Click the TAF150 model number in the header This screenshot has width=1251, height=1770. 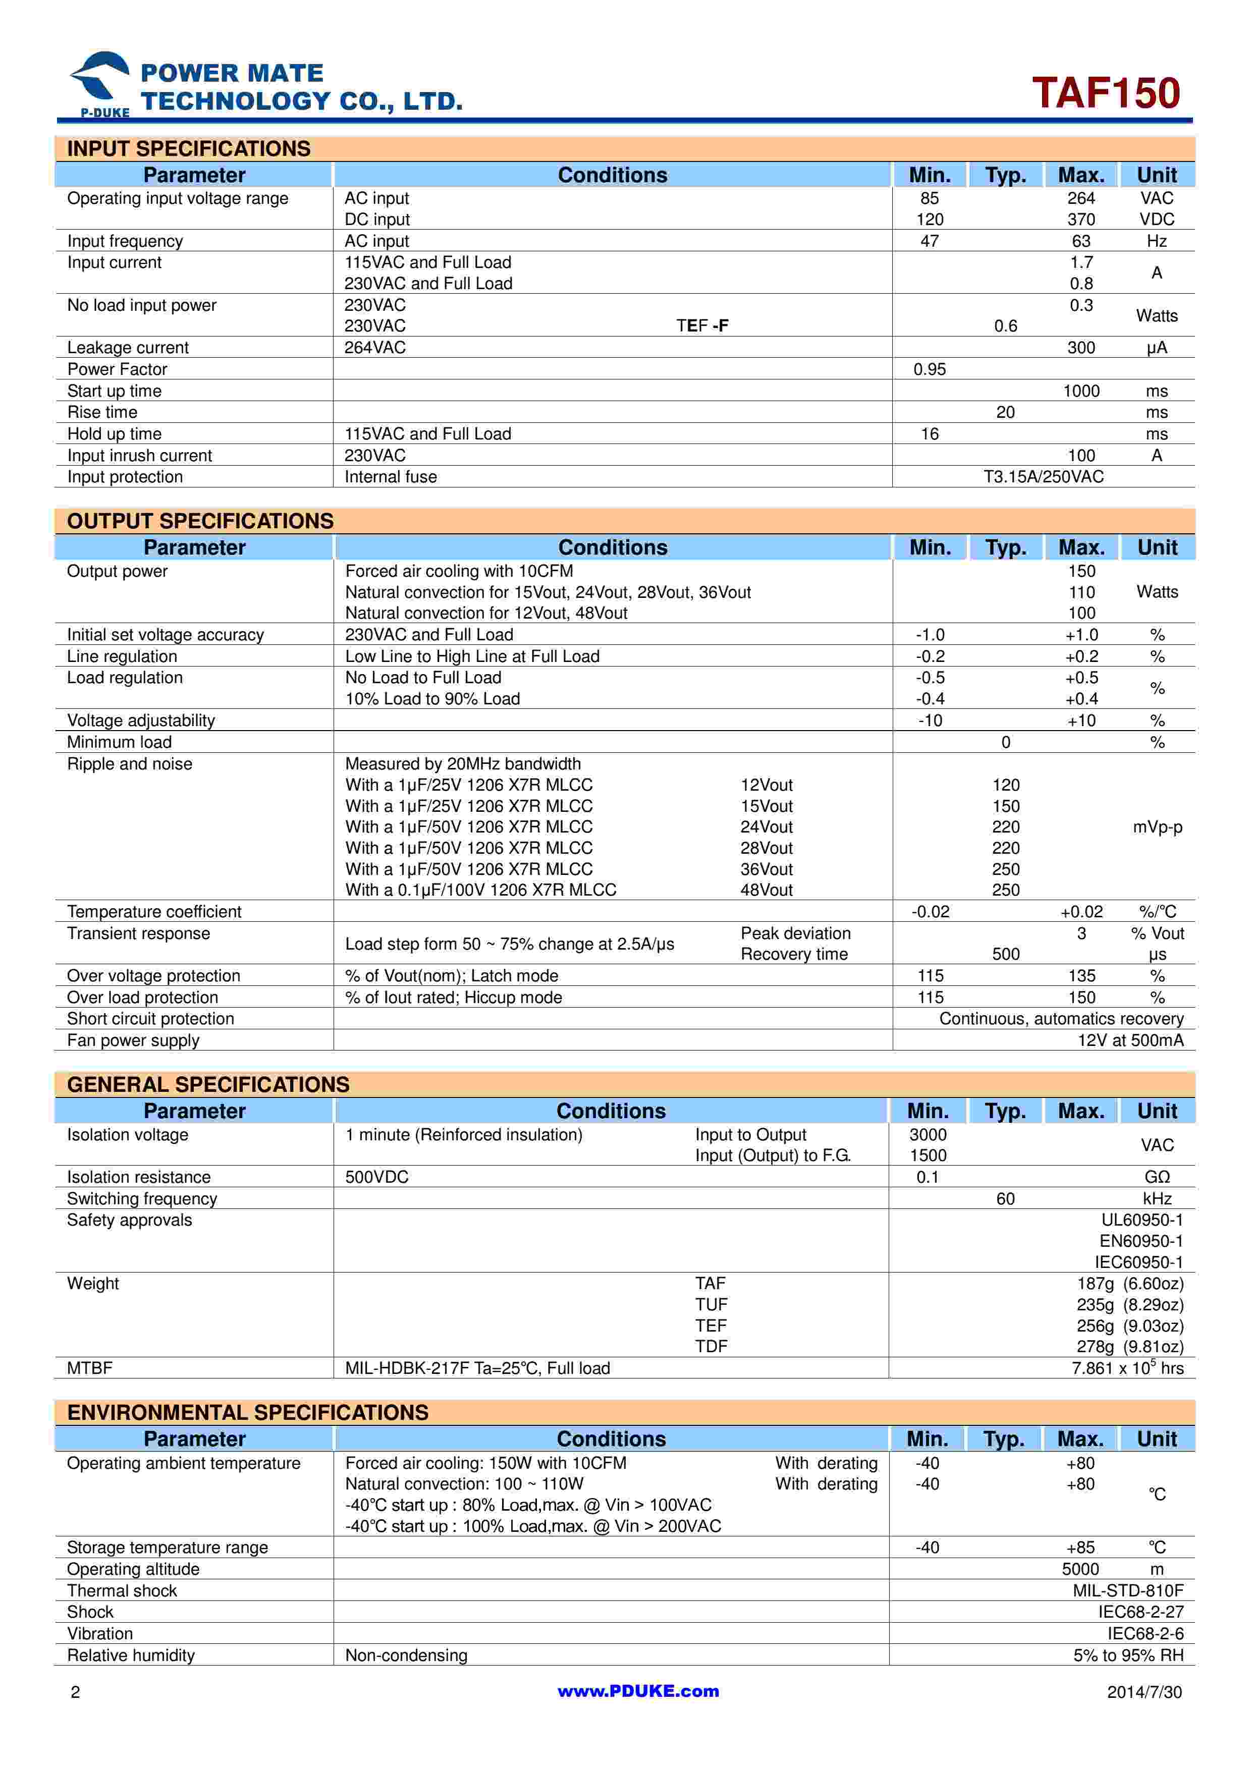[1105, 93]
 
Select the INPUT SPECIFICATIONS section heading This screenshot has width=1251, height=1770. [189, 149]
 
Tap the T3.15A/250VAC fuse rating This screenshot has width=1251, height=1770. [1043, 477]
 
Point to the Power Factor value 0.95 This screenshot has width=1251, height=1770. [929, 369]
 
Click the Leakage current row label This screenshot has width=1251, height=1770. [128, 348]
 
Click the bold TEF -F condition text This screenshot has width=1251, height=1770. [702, 326]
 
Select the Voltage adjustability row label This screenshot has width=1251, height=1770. [141, 721]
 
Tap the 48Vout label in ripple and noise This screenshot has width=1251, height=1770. [766, 891]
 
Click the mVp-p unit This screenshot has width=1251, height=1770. [1157, 827]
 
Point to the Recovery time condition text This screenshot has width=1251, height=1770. [794, 955]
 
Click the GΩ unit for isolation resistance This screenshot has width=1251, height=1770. [1157, 1177]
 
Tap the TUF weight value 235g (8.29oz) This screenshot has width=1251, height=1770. [1129, 1305]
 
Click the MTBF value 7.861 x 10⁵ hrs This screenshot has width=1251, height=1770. [1127, 1368]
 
